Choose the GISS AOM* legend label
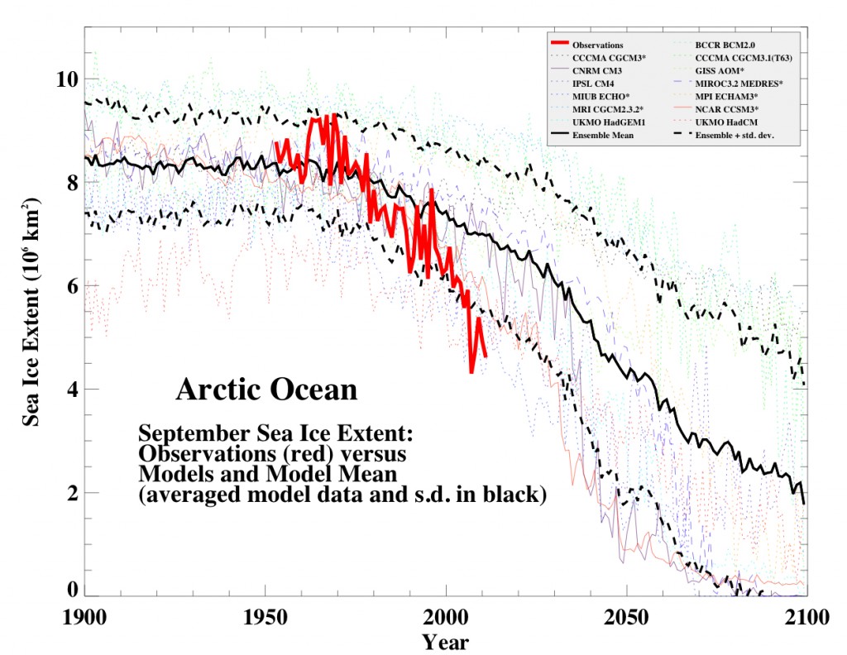pyautogui.click(x=721, y=70)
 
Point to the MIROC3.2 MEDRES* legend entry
pyautogui.click(x=742, y=83)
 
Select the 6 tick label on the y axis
pyautogui.click(x=72, y=286)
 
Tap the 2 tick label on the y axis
pyautogui.click(x=72, y=493)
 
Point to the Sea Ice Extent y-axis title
pyautogui.click(x=32, y=312)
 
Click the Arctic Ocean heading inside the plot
pyautogui.click(x=266, y=390)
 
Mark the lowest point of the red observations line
pyautogui.click(x=471, y=373)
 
